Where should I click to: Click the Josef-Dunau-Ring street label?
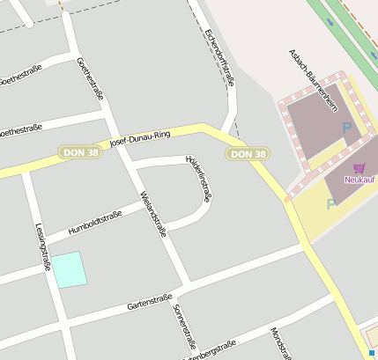pyautogui.click(x=138, y=137)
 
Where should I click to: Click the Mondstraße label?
pyautogui.click(x=279, y=344)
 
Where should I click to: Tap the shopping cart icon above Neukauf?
pyautogui.click(x=359, y=167)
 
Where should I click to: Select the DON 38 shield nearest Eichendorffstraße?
pyautogui.click(x=248, y=154)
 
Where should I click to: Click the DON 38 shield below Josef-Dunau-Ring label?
pyautogui.click(x=79, y=152)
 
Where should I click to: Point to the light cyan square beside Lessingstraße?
pyautogui.click(x=70, y=269)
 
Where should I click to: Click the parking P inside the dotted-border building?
pyautogui.click(x=346, y=129)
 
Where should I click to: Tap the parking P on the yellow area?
pyautogui.click(x=331, y=204)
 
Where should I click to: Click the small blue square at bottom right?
pyautogui.click(x=373, y=353)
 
